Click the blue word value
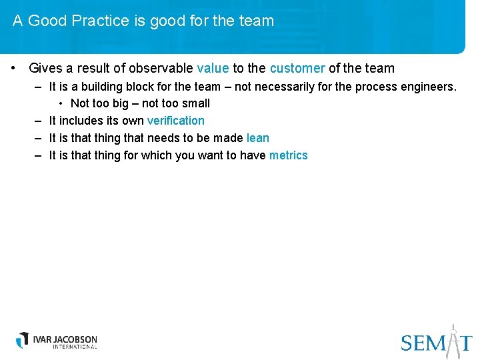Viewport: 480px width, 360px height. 213,68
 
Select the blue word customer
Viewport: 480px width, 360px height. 297,68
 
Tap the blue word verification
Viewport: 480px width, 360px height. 175,121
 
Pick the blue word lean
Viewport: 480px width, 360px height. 257,138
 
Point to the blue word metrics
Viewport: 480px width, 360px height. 288,155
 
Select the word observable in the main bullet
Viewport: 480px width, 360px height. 161,68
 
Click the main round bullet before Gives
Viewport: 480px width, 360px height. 13,68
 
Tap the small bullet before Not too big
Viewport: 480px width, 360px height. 61,103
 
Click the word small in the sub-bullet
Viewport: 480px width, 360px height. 195,103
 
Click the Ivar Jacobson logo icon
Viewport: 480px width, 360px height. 23,340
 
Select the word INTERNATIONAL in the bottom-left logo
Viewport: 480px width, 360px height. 65,347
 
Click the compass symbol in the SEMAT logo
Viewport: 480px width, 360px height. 453,339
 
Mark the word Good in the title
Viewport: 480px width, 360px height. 47,21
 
